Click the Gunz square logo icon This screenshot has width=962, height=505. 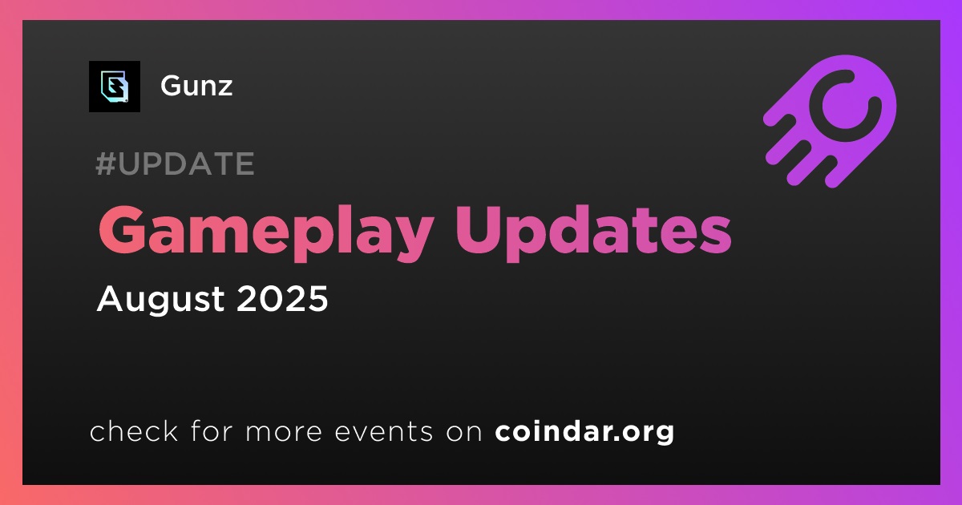[x=114, y=87]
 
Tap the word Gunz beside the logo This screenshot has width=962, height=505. [x=196, y=86]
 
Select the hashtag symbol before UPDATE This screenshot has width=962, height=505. [x=105, y=164]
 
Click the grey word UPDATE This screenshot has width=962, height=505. [x=186, y=164]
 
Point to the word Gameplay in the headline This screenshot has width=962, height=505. [x=265, y=232]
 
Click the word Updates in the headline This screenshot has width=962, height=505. [x=593, y=232]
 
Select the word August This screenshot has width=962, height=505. [x=160, y=300]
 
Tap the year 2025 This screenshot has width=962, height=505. [x=282, y=298]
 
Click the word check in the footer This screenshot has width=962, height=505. [x=134, y=430]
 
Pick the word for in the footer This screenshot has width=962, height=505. [x=212, y=430]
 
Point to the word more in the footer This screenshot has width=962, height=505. [x=284, y=432]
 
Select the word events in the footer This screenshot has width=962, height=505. [x=383, y=432]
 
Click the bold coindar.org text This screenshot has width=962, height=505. [x=584, y=432]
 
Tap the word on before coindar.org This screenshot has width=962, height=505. [x=464, y=432]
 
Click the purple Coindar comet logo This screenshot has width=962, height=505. [x=830, y=121]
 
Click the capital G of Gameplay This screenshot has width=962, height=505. [x=122, y=230]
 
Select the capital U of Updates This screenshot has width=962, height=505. [x=479, y=230]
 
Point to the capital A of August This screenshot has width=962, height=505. [x=111, y=298]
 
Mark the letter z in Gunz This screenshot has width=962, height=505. [x=224, y=89]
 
